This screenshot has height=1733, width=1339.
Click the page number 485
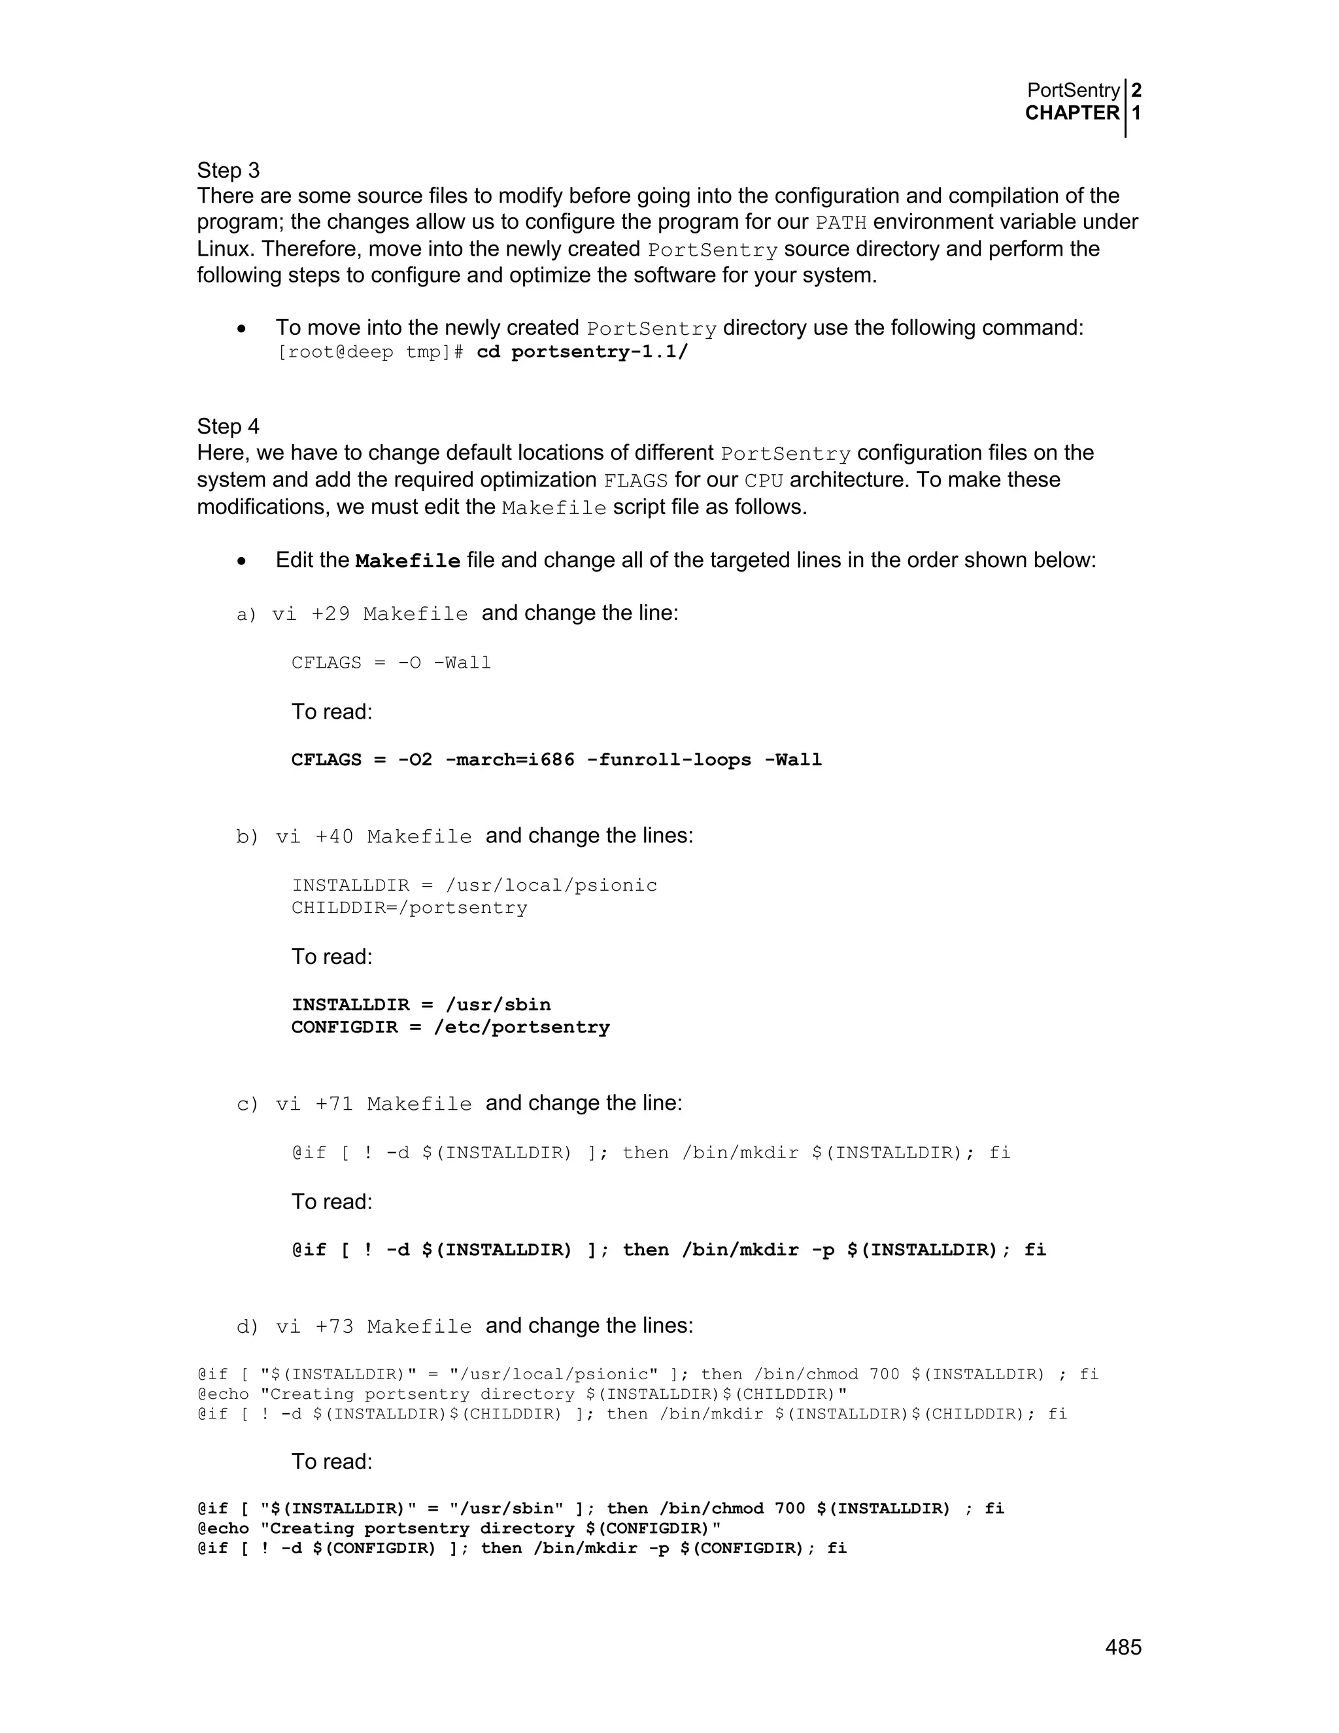(x=1123, y=1647)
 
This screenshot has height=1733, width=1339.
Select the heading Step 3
(x=228, y=171)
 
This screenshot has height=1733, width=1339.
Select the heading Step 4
(x=228, y=426)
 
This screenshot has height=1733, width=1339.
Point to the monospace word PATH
(x=840, y=223)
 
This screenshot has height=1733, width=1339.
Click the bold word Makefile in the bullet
(x=408, y=561)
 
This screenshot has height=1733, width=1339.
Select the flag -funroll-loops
(x=669, y=759)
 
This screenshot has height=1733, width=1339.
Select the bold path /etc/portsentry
(x=522, y=1027)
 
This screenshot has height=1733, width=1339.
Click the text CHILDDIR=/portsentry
(x=409, y=908)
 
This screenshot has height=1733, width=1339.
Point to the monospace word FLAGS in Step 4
(x=636, y=481)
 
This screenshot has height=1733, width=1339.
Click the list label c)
(x=248, y=1105)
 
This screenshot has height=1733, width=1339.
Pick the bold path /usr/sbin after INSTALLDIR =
(x=498, y=1005)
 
